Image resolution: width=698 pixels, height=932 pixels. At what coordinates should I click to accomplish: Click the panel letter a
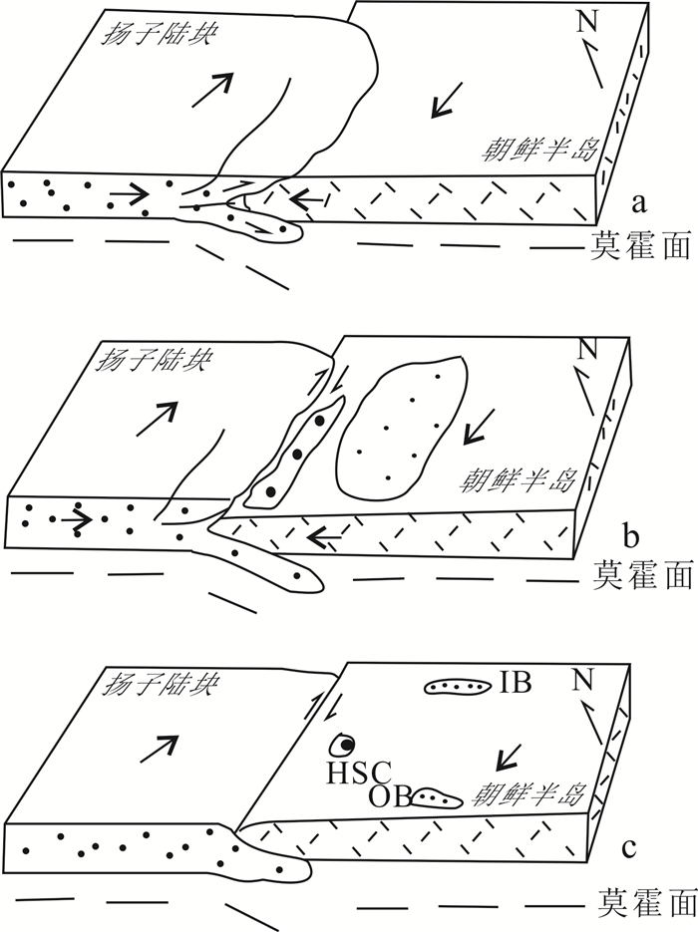pyautogui.click(x=641, y=204)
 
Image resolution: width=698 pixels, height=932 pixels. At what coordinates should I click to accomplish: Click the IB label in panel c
pyautogui.click(x=517, y=683)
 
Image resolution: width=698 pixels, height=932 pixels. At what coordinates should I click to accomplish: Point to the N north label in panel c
pyautogui.click(x=587, y=684)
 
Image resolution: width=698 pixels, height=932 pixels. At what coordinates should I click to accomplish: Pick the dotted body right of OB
pyautogui.click(x=436, y=798)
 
